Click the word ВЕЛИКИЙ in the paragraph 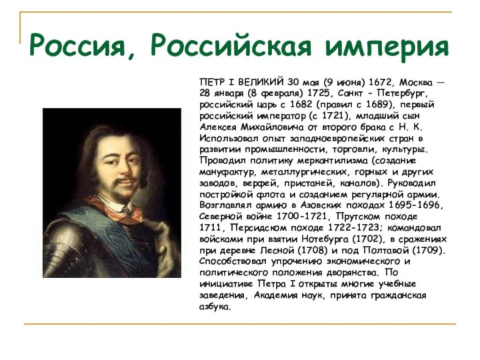pos(261,82)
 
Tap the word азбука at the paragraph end pos(215,307)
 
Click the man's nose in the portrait pos(116,164)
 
